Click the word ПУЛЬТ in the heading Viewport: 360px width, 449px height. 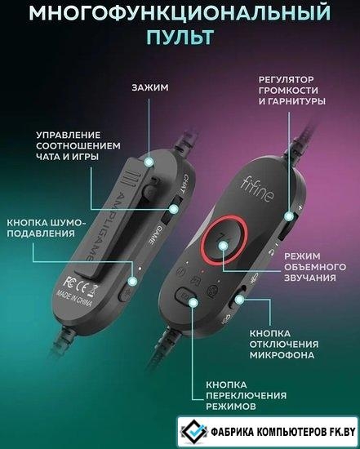coord(180,37)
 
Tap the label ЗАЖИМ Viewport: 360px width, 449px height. coord(150,87)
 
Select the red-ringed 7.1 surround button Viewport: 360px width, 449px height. coord(224,241)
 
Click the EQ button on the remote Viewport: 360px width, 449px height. coord(184,297)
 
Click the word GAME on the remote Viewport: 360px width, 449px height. coord(154,235)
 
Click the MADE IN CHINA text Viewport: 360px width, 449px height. coord(74,298)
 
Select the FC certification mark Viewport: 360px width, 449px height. coord(69,281)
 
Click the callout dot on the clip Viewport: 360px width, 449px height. coord(149,162)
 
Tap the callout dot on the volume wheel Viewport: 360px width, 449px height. coord(289,216)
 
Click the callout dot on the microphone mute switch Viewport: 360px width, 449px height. coord(239,300)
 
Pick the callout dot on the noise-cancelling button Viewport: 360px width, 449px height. coord(132,282)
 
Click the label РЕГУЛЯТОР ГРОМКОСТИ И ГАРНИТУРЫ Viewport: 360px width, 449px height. coord(292,91)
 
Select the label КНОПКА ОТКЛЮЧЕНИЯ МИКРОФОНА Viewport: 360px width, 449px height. coord(284,345)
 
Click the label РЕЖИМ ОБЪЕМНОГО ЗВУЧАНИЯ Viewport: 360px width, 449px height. coord(315,267)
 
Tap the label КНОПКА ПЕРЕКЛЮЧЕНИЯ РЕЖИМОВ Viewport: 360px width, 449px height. coord(246,395)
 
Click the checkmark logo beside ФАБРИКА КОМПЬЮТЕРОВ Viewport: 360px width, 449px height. coord(194,431)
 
